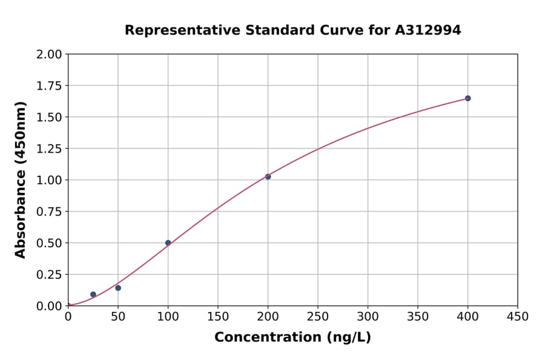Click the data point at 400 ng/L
pos(467,98)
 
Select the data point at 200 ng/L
pos(268,176)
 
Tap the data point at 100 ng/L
pos(168,243)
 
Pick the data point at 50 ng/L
pos(118,288)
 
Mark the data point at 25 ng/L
pos(93,295)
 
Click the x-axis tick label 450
pos(517,317)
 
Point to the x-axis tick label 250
pos(317,317)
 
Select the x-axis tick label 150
pos(217,317)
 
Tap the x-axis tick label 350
pos(417,317)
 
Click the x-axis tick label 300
pos(368,317)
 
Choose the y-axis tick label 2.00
pos(49,55)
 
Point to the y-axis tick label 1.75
pos(49,86)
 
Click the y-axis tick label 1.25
pos(49,149)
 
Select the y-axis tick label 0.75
pos(49,212)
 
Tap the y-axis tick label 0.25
pos(49,275)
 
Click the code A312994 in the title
pos(429,30)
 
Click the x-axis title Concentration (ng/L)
pos(292,338)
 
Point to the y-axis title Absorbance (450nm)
pos(21,180)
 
